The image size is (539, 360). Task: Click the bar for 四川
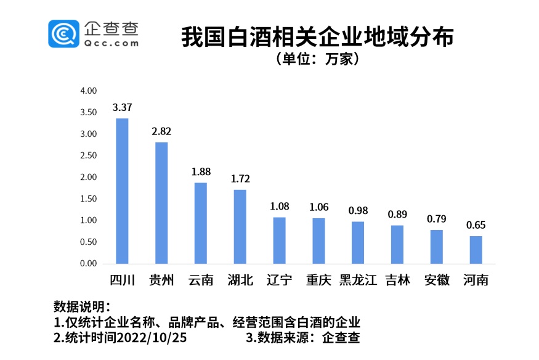[122, 191]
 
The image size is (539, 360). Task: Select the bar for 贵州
[161, 203]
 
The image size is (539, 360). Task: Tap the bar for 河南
[476, 250]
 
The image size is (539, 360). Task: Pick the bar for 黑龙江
[358, 242]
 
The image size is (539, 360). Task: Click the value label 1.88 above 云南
[201, 172]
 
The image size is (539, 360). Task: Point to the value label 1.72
[240, 179]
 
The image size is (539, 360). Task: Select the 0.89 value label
[397, 215]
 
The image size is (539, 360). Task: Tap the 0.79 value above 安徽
[437, 219]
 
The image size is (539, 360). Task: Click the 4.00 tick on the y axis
[89, 91]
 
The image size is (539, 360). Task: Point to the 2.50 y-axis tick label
[89, 155]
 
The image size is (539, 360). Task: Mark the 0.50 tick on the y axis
[89, 242]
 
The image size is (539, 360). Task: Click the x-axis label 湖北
[240, 280]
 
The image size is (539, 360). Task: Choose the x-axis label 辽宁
[280, 280]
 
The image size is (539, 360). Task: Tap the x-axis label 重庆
[318, 280]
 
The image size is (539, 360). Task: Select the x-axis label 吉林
[397, 280]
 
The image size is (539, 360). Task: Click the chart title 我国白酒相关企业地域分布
[317, 38]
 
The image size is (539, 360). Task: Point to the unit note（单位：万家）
[318, 60]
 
